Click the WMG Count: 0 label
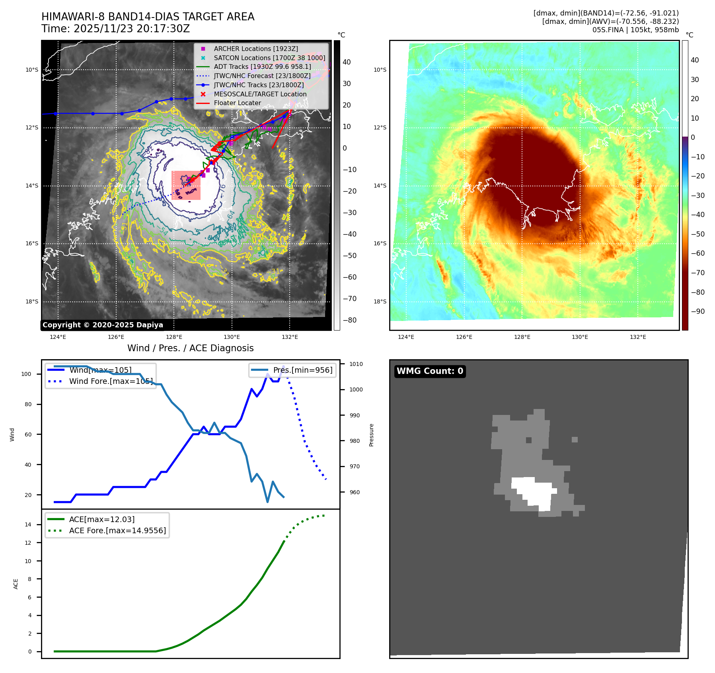click(430, 371)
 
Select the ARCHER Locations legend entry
click(255, 49)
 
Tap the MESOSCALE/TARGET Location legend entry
click(260, 94)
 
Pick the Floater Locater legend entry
click(237, 103)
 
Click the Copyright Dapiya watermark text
click(103, 325)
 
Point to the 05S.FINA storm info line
click(635, 30)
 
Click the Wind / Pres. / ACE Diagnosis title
click(190, 348)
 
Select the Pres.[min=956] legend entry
click(302, 370)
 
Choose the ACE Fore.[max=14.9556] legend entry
click(117, 530)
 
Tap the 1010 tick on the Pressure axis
click(356, 364)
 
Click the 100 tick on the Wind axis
click(26, 374)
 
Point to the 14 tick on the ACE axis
click(28, 524)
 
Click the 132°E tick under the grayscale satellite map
click(290, 337)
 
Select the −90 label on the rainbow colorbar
click(697, 311)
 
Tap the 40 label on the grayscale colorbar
click(347, 62)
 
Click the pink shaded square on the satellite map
click(186, 185)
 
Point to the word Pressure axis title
click(371, 435)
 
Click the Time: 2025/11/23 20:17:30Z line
click(115, 29)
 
